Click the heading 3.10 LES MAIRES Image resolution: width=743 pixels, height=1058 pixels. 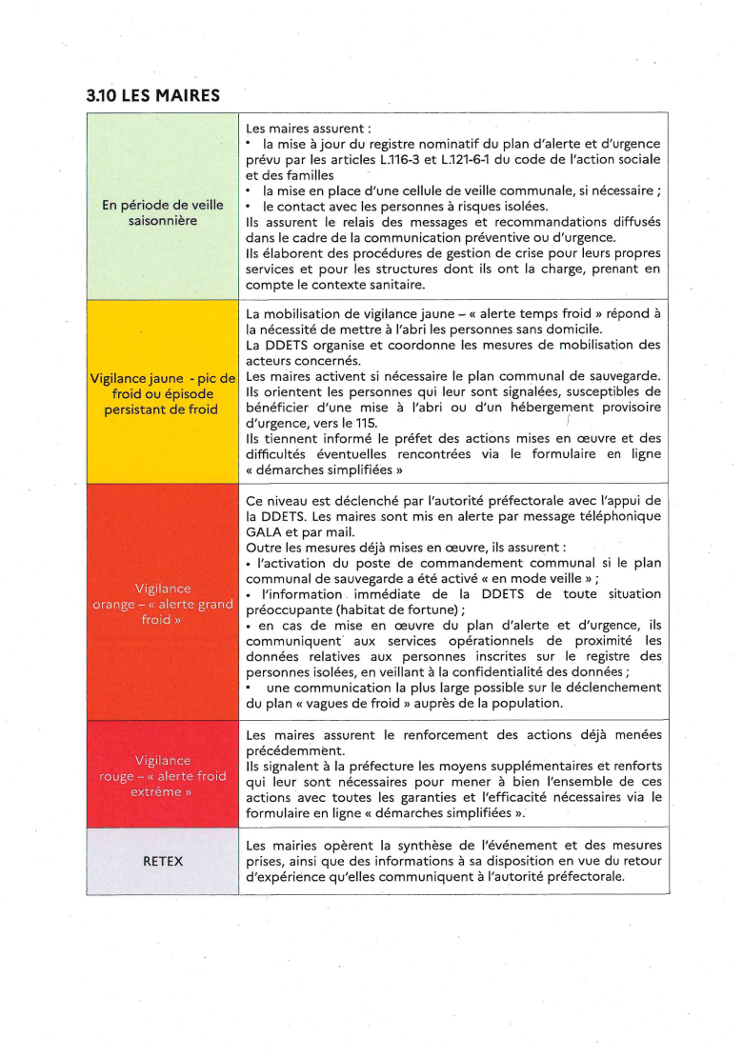coord(152,95)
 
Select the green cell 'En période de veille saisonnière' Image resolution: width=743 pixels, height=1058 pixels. coord(162,212)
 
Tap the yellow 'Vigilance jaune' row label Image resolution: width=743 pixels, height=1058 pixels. coord(162,393)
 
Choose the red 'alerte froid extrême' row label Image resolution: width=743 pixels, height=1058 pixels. coord(162,775)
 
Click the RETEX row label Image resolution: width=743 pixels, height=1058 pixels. coord(162,861)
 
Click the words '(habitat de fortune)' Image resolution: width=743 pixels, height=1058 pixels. coord(403,610)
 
